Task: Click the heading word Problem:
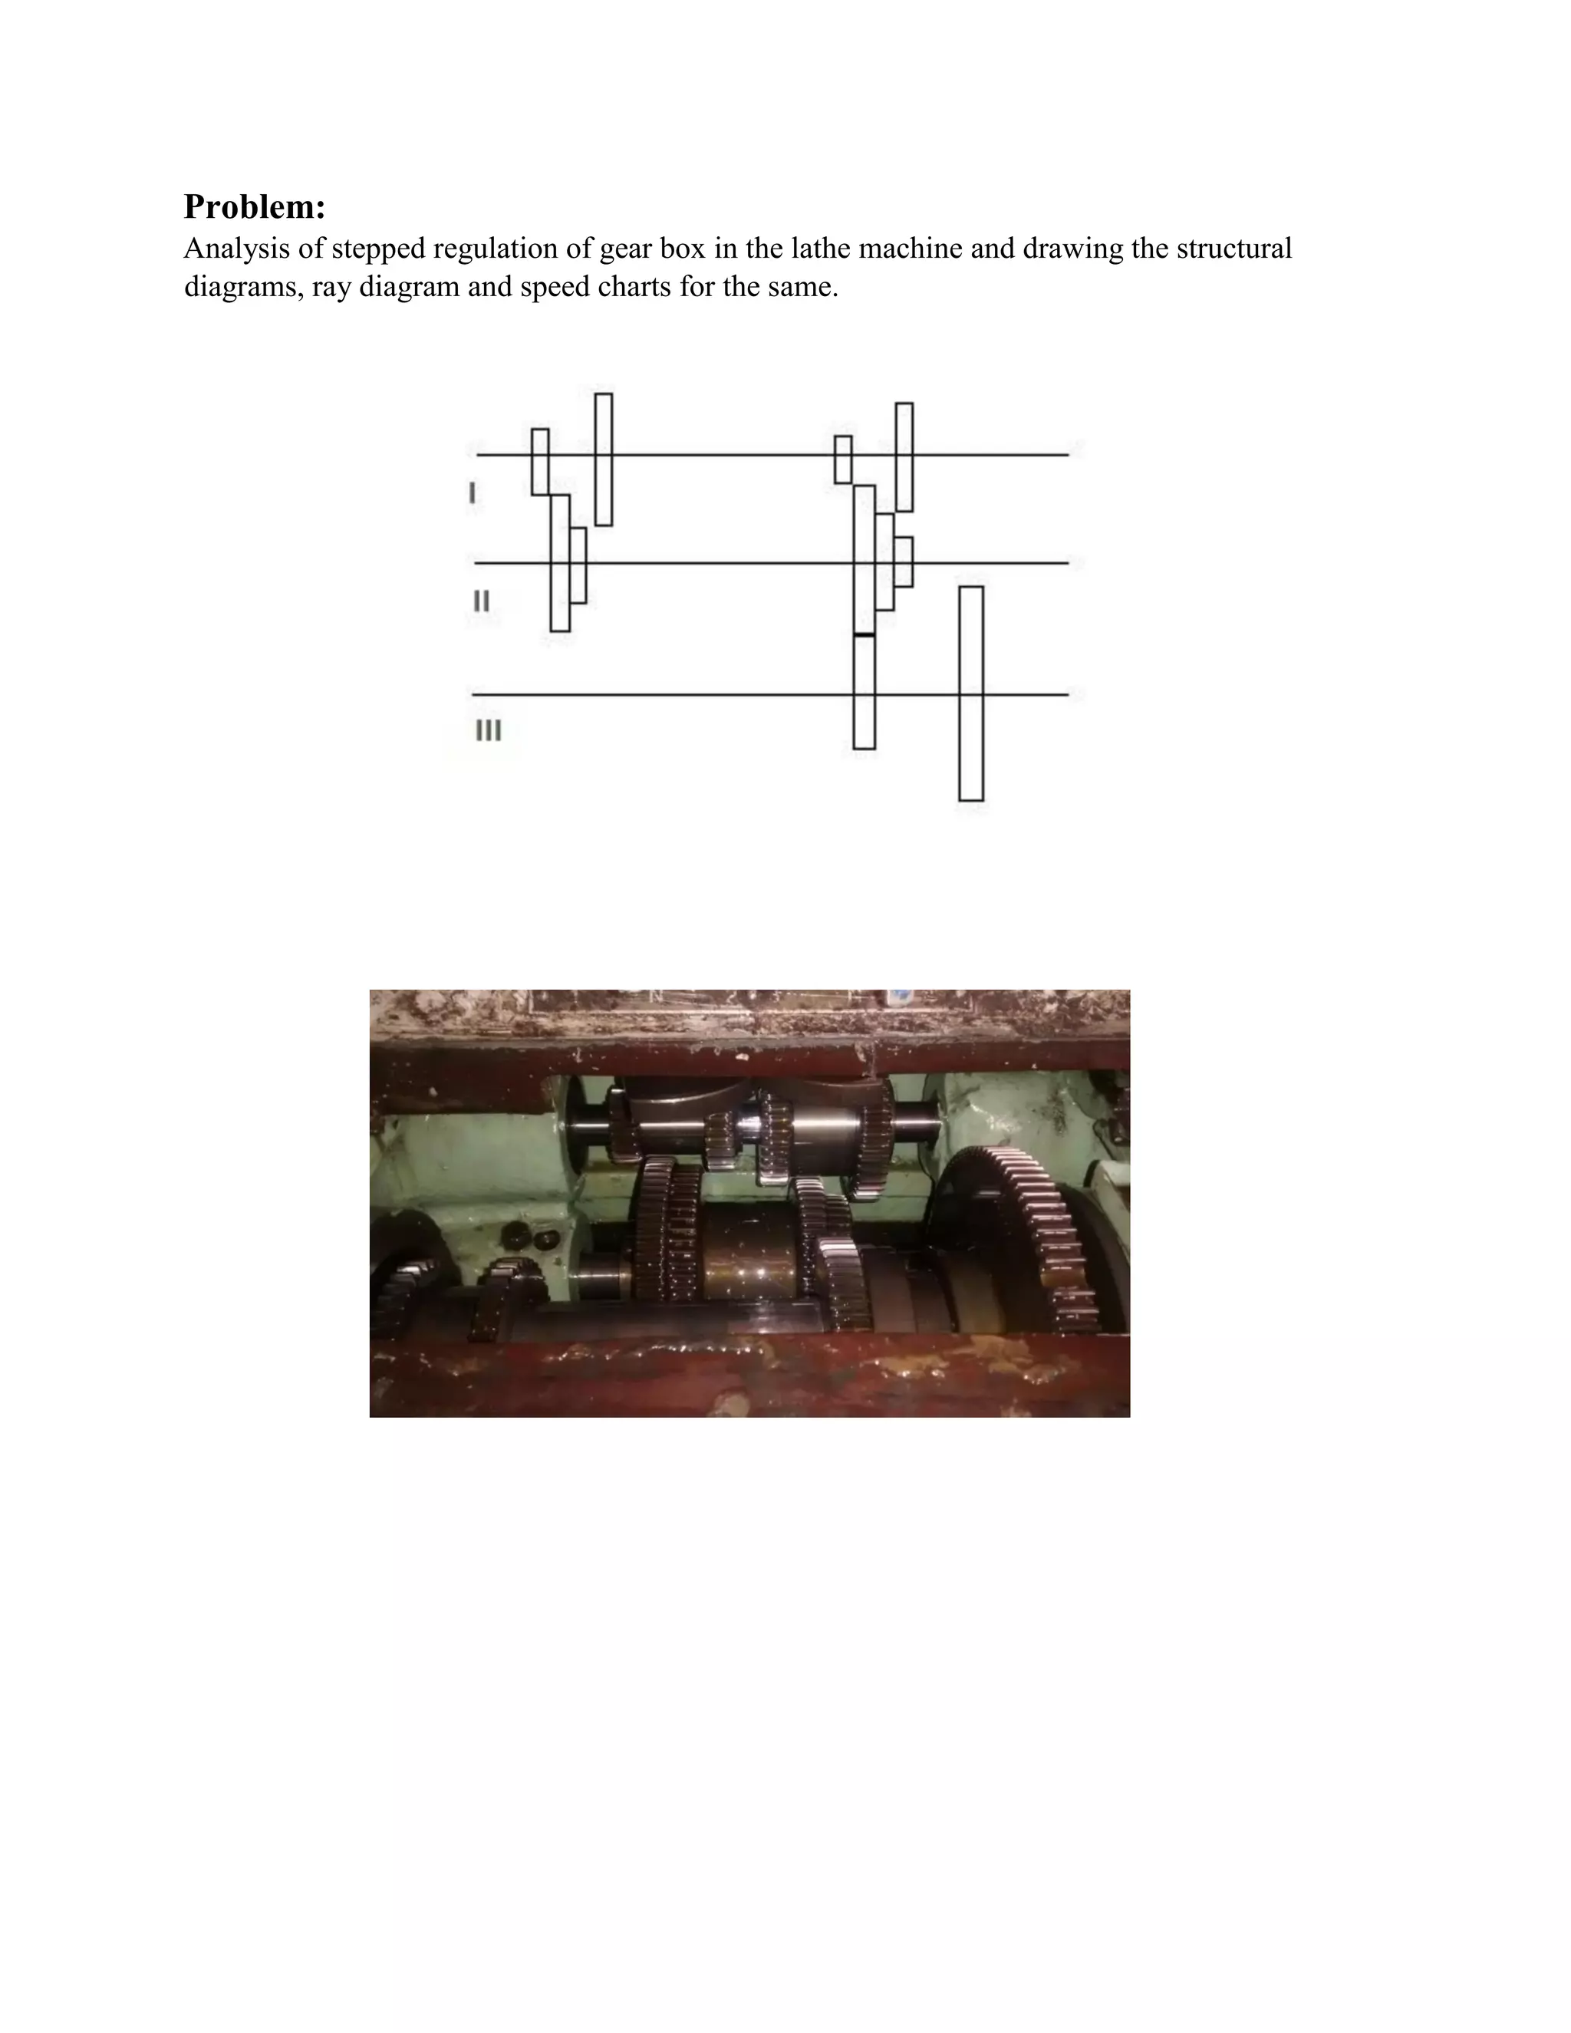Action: point(254,206)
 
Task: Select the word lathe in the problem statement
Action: point(815,249)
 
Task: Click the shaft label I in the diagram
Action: point(472,493)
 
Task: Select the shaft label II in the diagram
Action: point(481,601)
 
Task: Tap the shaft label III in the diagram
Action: point(489,730)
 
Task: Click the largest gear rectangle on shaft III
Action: point(970,693)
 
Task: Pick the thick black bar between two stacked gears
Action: point(864,635)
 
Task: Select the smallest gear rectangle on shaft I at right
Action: point(842,459)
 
